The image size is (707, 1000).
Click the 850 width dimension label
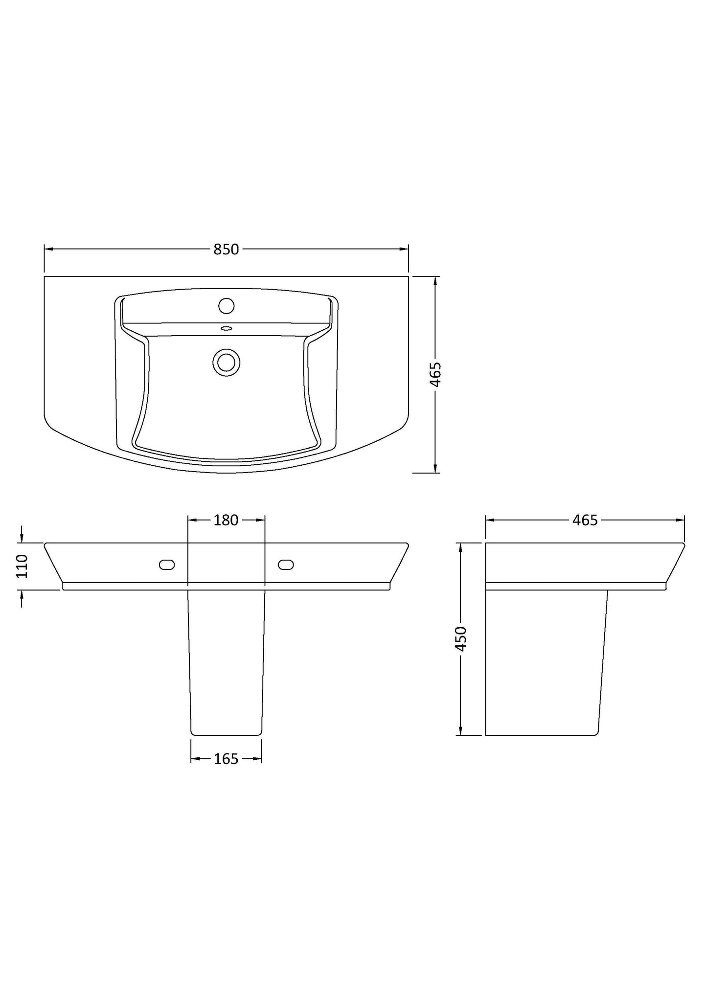click(226, 250)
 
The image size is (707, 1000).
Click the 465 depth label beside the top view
click(435, 374)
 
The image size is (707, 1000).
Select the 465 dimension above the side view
click(585, 520)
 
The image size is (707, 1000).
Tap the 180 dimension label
click(226, 520)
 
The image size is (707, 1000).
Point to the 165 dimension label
click(226, 759)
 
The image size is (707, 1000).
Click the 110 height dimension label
click(23, 566)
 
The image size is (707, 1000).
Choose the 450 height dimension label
click(461, 638)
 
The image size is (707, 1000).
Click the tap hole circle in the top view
click(226, 306)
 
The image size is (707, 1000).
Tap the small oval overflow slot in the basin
click(226, 328)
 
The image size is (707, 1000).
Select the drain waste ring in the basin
click(226, 363)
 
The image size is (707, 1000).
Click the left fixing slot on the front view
click(167, 565)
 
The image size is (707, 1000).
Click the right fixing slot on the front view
click(286, 565)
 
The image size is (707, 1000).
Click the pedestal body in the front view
click(226, 660)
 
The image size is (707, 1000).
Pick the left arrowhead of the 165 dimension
click(194, 759)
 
